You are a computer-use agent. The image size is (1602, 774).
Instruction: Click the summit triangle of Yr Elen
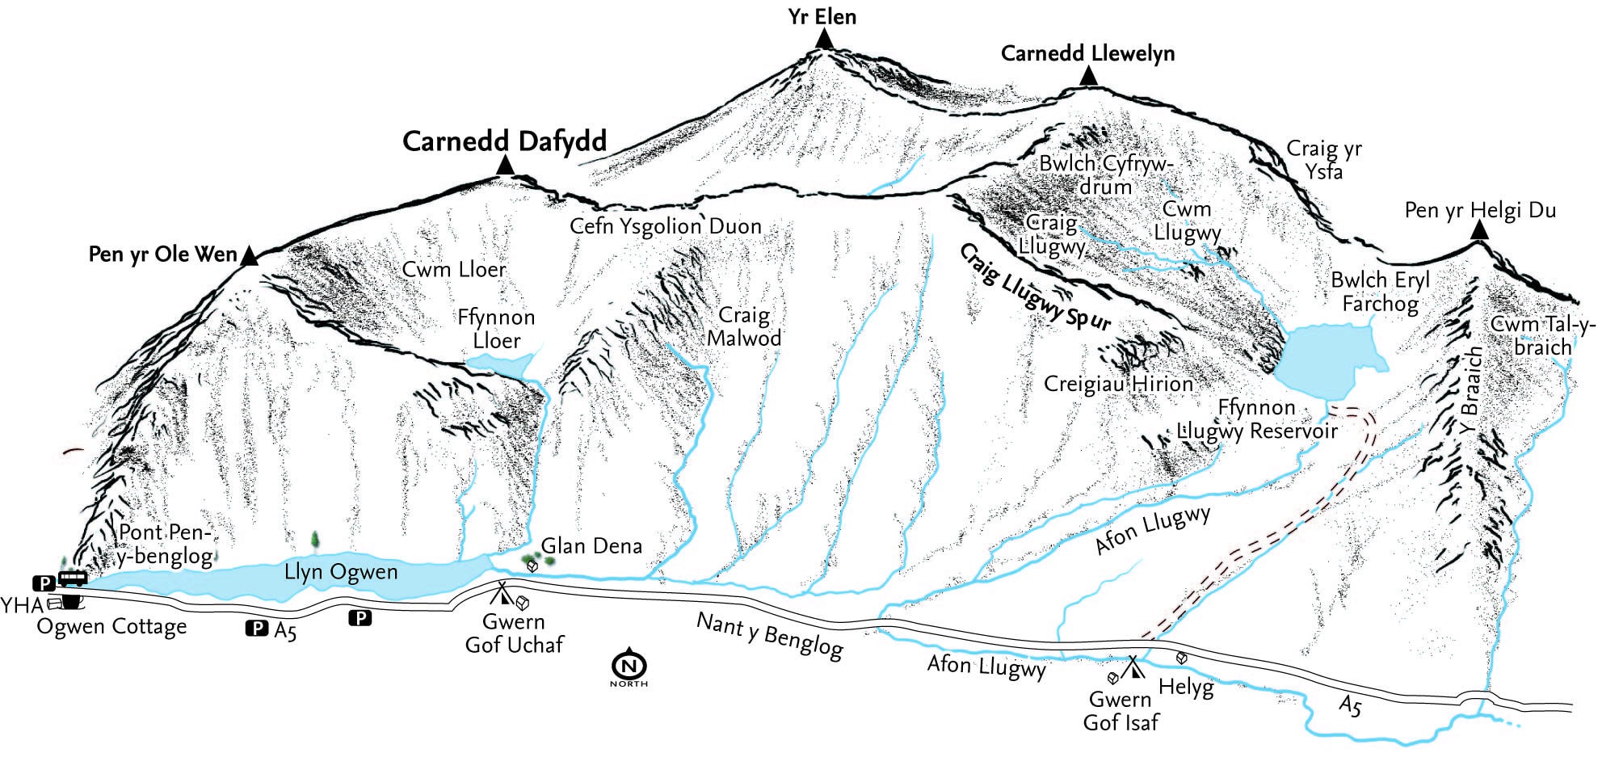[823, 39]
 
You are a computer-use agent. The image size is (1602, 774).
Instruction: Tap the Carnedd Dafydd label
[504, 141]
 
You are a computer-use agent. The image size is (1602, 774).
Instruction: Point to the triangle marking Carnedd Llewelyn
[1088, 77]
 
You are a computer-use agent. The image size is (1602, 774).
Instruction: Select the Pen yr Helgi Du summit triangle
[1479, 230]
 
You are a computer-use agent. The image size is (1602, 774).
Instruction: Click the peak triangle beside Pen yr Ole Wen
[250, 257]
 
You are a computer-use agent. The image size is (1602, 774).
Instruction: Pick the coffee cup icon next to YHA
[71, 601]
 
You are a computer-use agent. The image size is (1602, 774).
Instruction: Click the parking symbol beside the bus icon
[42, 582]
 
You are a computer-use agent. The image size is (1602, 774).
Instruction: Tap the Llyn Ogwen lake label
[341, 573]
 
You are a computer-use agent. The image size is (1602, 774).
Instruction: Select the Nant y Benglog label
[769, 636]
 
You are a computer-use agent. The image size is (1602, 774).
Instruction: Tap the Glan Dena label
[591, 546]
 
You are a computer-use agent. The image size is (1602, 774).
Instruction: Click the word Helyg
[1186, 688]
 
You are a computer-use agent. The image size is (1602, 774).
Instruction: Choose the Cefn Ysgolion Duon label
[666, 226]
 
